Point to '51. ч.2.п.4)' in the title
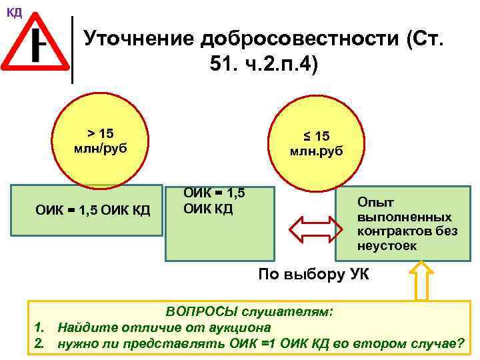click(259, 66)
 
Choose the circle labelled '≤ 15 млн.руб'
click(316, 143)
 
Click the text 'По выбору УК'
click(313, 274)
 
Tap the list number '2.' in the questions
click(39, 344)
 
